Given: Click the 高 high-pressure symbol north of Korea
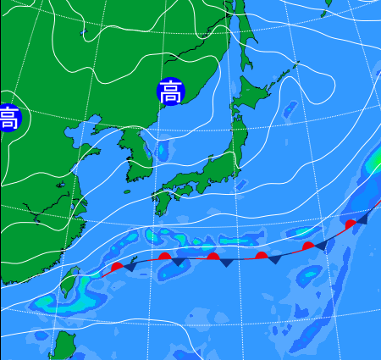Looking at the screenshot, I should pos(170,91).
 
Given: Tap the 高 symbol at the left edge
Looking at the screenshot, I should pos(8,117).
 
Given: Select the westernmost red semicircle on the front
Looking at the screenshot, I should pos(117,266).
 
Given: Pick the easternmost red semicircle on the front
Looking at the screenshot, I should pos(351,224).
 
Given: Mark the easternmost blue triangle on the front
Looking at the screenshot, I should pos(362,219).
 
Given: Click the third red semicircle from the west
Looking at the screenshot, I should pos(213,256).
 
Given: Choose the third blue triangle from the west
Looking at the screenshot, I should pos(227,263).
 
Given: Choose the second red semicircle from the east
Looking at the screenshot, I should pos(309,246).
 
